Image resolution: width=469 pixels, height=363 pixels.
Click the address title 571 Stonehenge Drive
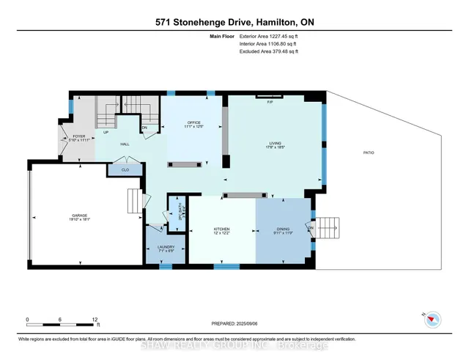coord(234,21)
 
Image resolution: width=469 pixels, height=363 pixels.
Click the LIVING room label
coord(276,144)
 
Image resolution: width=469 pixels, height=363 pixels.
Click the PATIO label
coord(368,153)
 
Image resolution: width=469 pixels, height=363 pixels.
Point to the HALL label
coord(125,144)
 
